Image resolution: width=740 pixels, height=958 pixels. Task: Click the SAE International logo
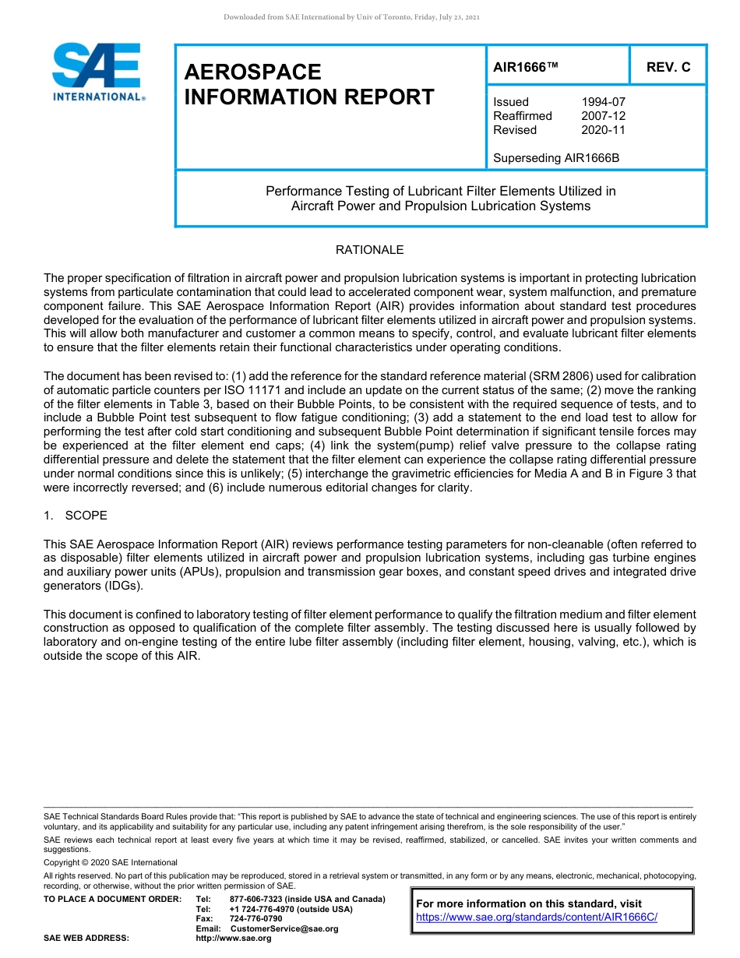click(97, 72)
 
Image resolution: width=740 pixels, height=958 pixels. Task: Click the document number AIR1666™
click(526, 67)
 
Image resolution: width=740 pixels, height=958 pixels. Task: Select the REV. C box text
click(668, 67)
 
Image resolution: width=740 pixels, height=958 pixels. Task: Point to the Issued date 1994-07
click(603, 102)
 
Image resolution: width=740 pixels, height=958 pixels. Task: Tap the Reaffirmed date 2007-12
click(603, 116)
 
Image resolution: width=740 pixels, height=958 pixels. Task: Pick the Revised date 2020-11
click(603, 130)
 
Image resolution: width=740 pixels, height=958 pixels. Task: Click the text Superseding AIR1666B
click(556, 158)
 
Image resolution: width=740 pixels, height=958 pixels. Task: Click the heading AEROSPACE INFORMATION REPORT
click(308, 84)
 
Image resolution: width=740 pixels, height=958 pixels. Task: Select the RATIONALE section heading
click(369, 250)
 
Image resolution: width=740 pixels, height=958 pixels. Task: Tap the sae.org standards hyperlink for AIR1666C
click(537, 917)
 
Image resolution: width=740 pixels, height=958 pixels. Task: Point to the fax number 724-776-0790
click(255, 919)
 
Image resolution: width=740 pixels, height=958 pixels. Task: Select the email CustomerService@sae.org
click(284, 928)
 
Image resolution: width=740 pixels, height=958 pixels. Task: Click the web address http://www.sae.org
click(233, 938)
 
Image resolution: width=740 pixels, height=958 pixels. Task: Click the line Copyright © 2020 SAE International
click(111, 862)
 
